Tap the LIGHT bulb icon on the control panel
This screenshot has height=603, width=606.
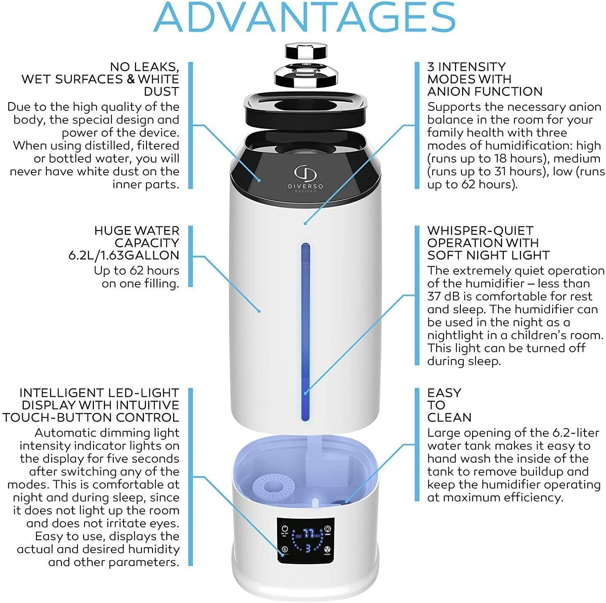[327, 529]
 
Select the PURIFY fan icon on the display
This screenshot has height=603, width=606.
[327, 550]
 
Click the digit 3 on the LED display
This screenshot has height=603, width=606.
[307, 548]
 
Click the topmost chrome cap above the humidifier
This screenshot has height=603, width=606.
[307, 51]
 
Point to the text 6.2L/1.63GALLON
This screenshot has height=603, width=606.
[123, 255]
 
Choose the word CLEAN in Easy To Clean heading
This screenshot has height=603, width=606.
[449, 417]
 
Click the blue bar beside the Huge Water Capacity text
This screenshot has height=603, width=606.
[190, 256]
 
